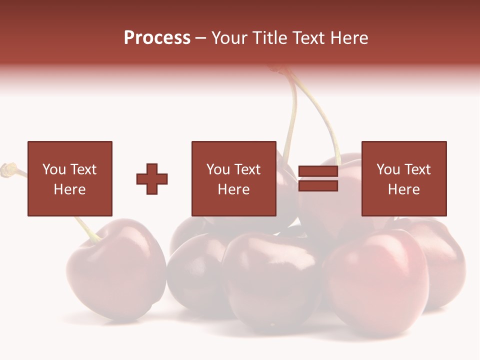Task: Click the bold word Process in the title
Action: (x=157, y=38)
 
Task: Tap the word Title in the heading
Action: (x=268, y=38)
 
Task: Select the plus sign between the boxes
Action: (x=152, y=179)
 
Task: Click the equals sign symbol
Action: (x=318, y=179)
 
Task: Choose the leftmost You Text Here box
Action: (x=70, y=178)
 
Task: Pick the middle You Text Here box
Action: (x=234, y=178)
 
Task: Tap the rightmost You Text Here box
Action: (x=404, y=178)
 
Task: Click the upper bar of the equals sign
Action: (x=318, y=172)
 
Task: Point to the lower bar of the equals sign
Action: (x=318, y=186)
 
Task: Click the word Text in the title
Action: (x=308, y=38)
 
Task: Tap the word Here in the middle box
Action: (x=234, y=189)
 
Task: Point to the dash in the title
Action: (x=201, y=38)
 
